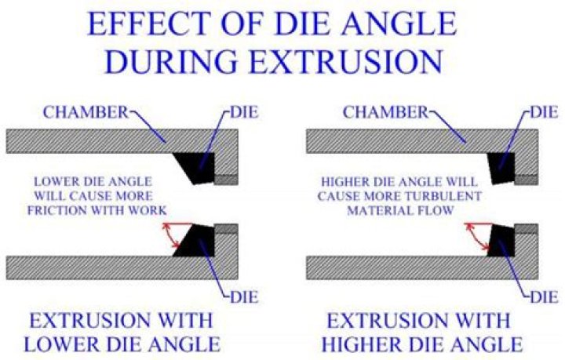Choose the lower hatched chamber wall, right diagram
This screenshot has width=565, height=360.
click(x=392, y=267)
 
